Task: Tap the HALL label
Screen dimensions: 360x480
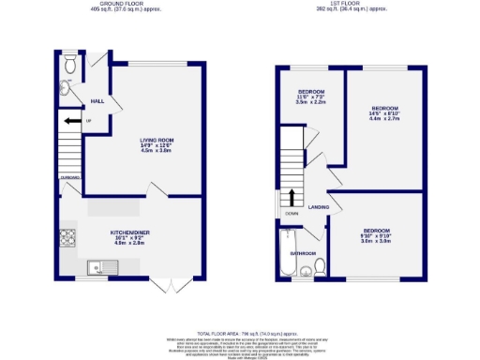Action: [97, 100]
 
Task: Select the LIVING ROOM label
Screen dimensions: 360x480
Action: [157, 141]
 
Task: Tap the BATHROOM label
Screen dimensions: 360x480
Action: [302, 252]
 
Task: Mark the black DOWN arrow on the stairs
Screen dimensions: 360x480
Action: [292, 198]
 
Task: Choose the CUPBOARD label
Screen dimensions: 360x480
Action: [69, 175]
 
